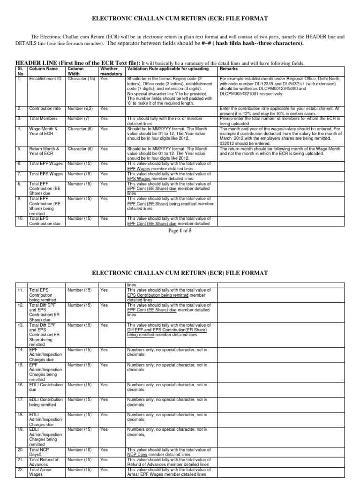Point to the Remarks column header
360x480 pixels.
(229, 69)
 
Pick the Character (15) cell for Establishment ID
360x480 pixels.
(81, 79)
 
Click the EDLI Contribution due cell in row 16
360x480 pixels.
(46, 387)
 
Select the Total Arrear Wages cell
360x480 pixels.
(39, 472)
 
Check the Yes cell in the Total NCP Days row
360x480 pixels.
(104, 449)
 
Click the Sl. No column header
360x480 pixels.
(20, 71)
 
